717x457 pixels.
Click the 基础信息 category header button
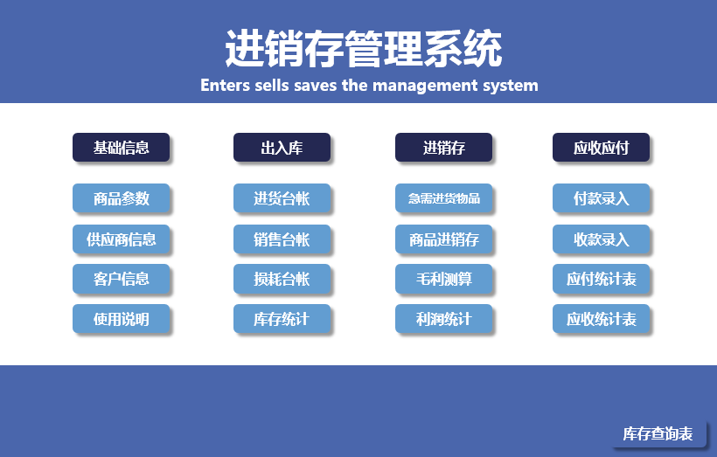[122, 148]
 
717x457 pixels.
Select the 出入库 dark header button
[282, 148]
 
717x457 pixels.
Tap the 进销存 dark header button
[444, 148]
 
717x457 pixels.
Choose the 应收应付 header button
[602, 148]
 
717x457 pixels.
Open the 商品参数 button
[122, 198]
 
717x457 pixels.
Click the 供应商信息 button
[122, 239]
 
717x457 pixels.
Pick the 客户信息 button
[122, 279]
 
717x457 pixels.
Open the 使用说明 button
[122, 319]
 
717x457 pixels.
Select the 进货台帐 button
[282, 198]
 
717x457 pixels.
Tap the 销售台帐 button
[282, 239]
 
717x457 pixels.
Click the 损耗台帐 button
[282, 279]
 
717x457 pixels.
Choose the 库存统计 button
[282, 319]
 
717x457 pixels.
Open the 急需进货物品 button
[444, 198]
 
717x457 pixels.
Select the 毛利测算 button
[444, 279]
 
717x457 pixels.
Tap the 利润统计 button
[444, 319]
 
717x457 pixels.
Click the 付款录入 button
[602, 198]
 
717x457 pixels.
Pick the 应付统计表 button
[602, 279]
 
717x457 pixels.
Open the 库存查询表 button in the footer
[658, 433]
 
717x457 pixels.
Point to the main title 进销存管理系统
[364, 48]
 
